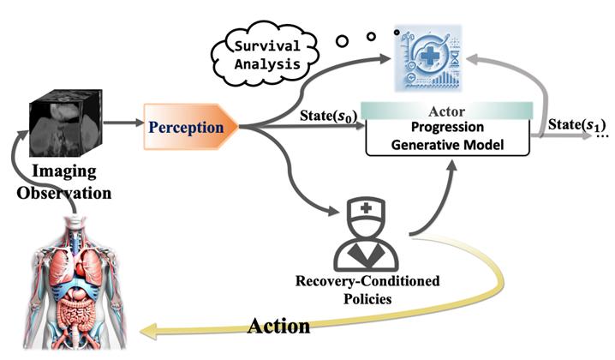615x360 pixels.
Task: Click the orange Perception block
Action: (191, 127)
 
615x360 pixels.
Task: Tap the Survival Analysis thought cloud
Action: (266, 56)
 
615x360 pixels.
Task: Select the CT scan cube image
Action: (66, 123)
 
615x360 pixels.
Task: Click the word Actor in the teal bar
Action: (446, 111)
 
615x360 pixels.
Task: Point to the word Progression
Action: (447, 127)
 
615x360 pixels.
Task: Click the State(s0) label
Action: (329, 116)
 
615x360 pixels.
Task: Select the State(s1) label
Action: (576, 124)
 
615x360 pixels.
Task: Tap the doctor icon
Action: (366, 234)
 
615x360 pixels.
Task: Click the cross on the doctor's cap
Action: (366, 208)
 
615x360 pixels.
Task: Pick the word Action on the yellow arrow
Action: (279, 327)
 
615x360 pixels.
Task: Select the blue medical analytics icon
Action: (428, 58)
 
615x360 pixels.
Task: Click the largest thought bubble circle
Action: (343, 41)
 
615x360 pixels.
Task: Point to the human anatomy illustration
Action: (75, 284)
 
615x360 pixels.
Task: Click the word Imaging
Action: (64, 171)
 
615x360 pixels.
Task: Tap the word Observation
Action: (64, 193)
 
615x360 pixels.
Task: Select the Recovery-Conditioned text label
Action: (367, 280)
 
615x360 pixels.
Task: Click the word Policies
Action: (367, 299)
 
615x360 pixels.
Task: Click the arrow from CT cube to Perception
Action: (123, 123)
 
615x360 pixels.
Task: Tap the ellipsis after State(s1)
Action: (603, 136)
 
